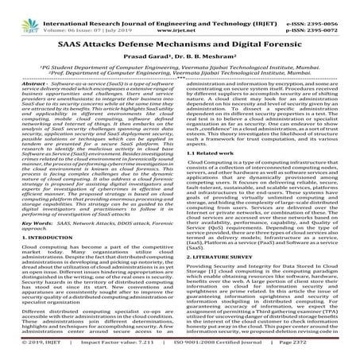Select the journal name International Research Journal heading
coord(167,7)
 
